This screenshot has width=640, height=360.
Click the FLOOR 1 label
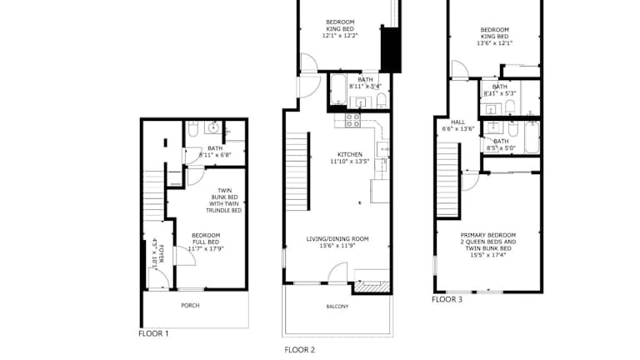point(153,333)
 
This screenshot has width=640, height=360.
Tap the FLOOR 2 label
point(300,350)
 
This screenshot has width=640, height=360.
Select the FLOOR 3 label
point(447,299)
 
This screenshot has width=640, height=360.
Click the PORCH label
point(190,305)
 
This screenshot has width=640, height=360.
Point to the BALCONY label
point(337,307)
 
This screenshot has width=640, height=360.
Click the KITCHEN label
point(350,154)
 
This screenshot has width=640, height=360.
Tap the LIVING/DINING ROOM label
point(337,239)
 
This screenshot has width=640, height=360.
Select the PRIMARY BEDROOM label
point(488,235)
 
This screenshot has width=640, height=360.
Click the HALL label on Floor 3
point(458,122)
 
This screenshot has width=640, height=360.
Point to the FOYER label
point(161,254)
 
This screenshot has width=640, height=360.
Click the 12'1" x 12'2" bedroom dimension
point(340,36)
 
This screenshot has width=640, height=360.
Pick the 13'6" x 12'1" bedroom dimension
point(495,42)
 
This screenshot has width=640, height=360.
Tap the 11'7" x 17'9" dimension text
point(206,248)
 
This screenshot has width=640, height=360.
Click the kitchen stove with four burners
point(353,120)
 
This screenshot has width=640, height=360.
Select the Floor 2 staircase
point(297,172)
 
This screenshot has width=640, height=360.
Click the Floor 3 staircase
point(447,179)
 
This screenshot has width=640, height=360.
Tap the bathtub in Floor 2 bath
point(338,89)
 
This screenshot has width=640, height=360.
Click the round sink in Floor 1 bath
point(213,127)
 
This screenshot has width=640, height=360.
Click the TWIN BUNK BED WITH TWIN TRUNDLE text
point(224,200)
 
